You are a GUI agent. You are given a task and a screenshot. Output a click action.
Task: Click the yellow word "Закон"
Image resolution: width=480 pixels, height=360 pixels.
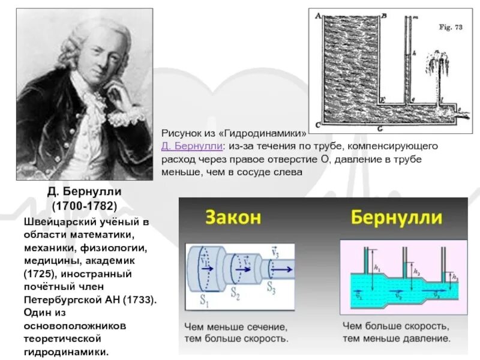[235, 217]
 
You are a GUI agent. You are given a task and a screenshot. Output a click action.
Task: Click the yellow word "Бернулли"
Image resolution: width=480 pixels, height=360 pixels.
[397, 217]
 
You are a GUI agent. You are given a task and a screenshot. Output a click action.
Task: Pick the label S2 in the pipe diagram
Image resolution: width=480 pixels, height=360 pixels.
[237, 296]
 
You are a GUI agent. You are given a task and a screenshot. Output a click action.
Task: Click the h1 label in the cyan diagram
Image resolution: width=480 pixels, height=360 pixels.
[376, 269]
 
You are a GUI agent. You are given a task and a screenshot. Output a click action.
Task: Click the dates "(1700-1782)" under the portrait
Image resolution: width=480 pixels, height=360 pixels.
[85, 206]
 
